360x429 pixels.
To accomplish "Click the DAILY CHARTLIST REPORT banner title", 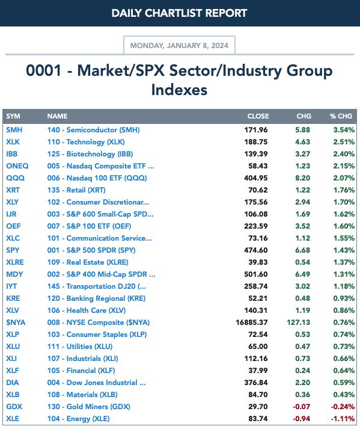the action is click(x=179, y=13).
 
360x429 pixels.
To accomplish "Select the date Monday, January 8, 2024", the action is click(x=179, y=45).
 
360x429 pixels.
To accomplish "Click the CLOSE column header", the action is click(x=258, y=116).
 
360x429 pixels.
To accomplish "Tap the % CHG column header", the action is click(x=341, y=116).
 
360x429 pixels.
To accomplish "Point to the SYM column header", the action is click(x=13, y=116).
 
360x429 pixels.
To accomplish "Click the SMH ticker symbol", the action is click(x=14, y=130).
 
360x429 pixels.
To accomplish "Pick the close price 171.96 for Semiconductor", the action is click(x=256, y=130).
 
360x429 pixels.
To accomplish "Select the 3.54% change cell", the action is click(x=344, y=130).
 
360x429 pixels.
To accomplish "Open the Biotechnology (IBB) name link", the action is click(x=90, y=154).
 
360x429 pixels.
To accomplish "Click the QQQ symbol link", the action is click(x=15, y=178).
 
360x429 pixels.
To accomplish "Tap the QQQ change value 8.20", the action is click(x=302, y=178).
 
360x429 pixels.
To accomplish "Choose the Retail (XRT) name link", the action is click(x=76, y=190).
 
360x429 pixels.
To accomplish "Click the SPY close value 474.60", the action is click(x=256, y=250).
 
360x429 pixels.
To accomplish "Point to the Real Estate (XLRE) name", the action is click(x=88, y=262).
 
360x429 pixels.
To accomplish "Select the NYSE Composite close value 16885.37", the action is click(x=252, y=323).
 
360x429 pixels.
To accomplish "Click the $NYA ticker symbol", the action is click(x=16, y=323).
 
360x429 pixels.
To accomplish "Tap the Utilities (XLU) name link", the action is click(x=80, y=347).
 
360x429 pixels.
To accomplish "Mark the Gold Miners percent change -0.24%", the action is click(x=343, y=407).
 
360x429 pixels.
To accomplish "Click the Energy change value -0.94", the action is click(x=302, y=419).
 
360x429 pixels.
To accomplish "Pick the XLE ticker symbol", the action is click(x=13, y=419).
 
